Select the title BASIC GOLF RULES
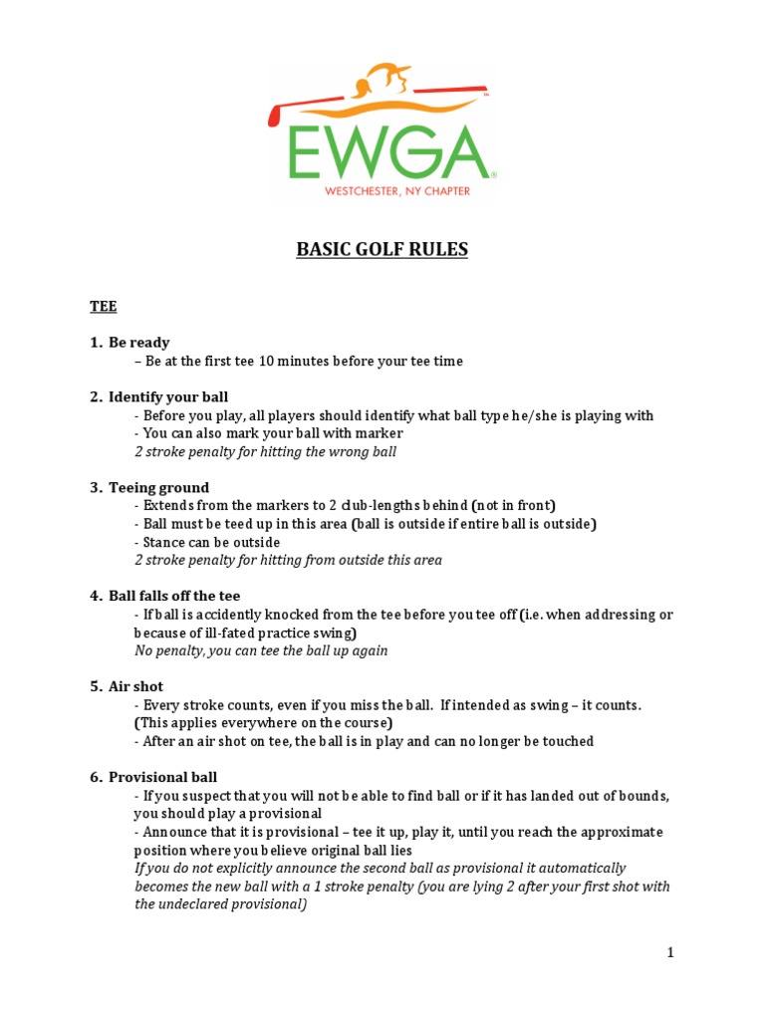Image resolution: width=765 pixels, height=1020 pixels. pyautogui.click(x=382, y=250)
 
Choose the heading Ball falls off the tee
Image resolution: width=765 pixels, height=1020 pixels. pyautogui.click(x=175, y=596)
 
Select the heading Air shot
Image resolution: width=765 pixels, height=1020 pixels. pyautogui.click(x=135, y=686)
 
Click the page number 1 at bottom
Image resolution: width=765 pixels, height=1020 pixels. pyautogui.click(x=670, y=952)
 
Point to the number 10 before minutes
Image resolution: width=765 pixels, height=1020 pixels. pyautogui.click(x=266, y=361)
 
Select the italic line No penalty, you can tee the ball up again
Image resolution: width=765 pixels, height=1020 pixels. pyautogui.click(x=261, y=650)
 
